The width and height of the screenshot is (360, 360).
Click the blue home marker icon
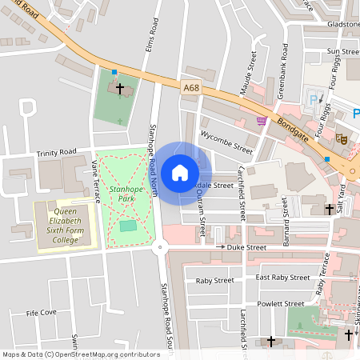(x=180, y=173)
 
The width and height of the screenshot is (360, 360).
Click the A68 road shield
(x=190, y=88)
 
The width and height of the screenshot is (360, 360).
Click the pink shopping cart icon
(x=262, y=121)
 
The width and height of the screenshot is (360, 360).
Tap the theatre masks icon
(x=341, y=138)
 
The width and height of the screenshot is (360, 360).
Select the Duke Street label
(x=245, y=249)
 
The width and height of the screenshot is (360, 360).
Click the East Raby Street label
(x=282, y=278)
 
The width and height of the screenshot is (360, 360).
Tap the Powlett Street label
(x=281, y=304)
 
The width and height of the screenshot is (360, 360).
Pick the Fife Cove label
(x=42, y=313)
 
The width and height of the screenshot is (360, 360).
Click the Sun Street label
(x=343, y=51)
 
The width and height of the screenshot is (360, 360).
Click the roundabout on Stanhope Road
(x=162, y=249)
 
